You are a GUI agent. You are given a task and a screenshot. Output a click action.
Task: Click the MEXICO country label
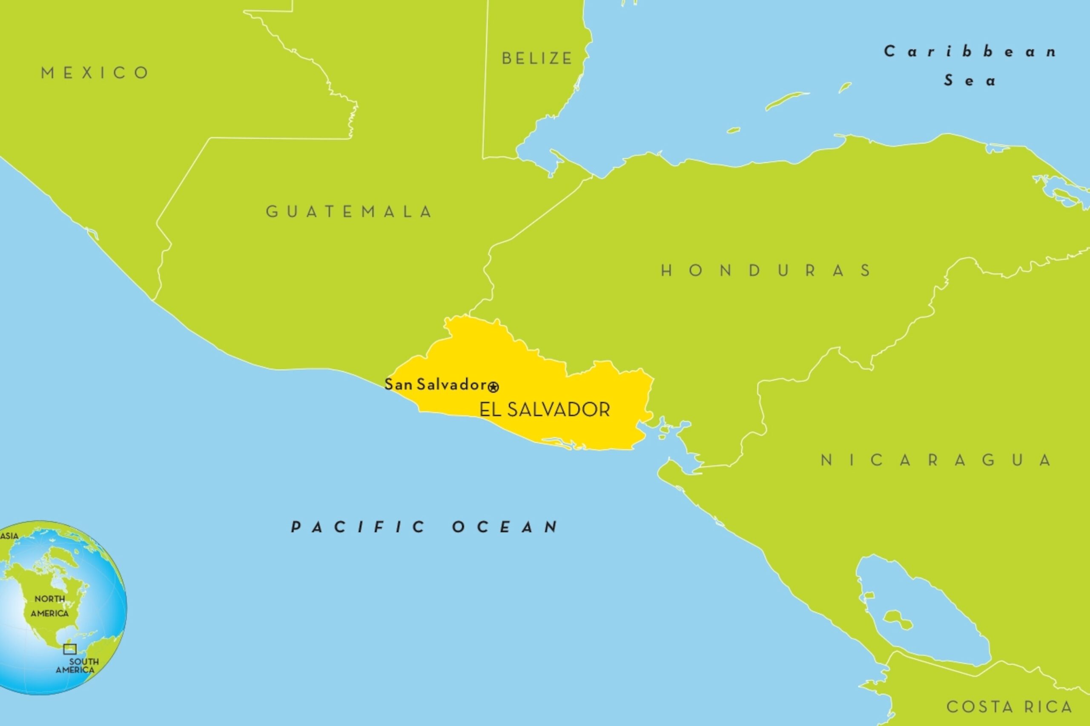point(95,73)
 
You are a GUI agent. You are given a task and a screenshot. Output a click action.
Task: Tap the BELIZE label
point(537,58)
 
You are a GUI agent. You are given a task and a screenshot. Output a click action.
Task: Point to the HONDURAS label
point(766,270)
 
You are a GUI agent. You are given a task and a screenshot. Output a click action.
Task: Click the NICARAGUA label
point(936,460)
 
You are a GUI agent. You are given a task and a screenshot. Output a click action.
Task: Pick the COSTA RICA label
point(1010,706)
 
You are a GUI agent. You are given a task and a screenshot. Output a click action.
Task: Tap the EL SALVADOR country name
point(545,410)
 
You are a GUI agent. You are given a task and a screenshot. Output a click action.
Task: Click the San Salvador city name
point(435,384)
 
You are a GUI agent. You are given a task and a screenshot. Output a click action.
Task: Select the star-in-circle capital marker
point(493,387)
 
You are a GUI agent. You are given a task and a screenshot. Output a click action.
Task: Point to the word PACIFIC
point(358,527)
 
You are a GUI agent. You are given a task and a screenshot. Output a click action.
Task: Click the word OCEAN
point(505,527)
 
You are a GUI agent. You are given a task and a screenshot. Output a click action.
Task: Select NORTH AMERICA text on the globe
point(49,606)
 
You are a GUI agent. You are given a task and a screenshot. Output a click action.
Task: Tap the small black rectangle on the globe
point(69,649)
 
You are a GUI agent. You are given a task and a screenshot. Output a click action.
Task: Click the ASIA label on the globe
point(9,536)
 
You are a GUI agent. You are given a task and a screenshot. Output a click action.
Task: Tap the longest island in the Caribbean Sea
point(786,100)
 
